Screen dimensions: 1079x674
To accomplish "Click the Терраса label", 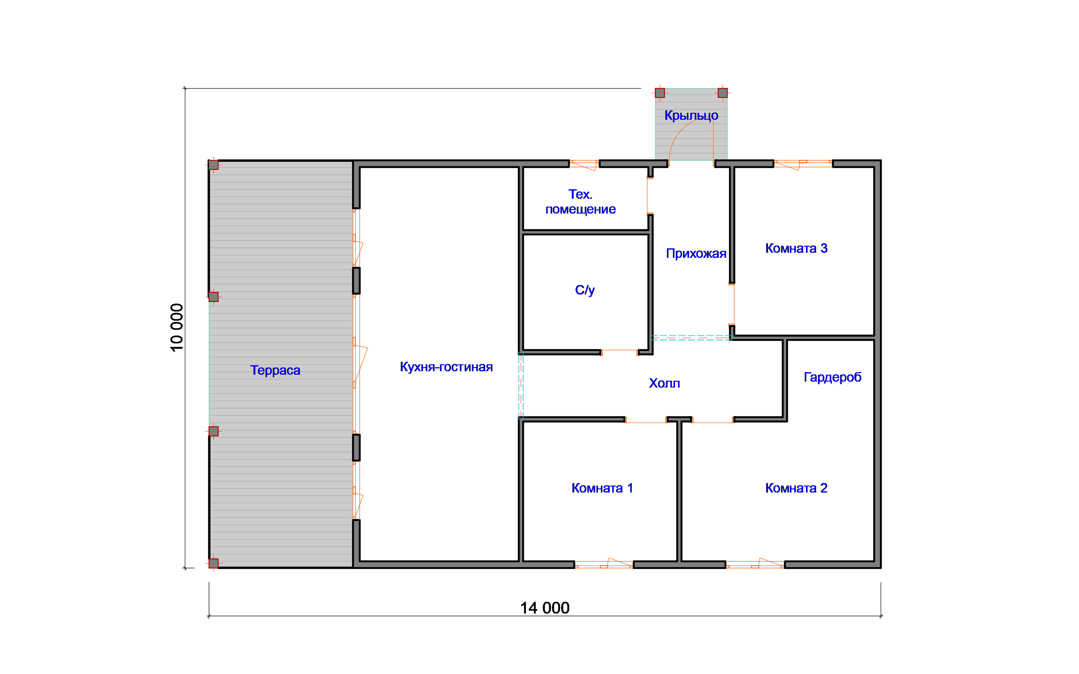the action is (x=275, y=370).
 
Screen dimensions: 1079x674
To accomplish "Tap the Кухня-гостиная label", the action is (x=446, y=367).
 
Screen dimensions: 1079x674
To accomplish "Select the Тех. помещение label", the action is (x=580, y=201).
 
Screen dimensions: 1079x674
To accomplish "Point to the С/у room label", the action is (x=584, y=290).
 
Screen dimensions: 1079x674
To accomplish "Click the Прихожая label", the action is (x=696, y=253).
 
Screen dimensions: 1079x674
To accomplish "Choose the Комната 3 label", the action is (x=796, y=248).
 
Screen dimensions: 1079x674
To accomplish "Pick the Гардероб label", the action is (x=832, y=377).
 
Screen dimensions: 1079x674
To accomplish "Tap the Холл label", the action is (x=664, y=383).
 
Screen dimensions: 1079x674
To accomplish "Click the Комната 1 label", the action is (x=602, y=488).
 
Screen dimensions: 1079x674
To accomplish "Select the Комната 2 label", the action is (x=796, y=488).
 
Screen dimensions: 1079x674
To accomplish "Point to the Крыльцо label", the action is (x=691, y=115).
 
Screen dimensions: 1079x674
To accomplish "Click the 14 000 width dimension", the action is (x=545, y=608).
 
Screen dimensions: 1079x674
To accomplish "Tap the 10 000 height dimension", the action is (x=177, y=328).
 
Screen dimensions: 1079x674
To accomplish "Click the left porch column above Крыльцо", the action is (x=660, y=93).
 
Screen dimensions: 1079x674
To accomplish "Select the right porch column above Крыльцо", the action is (x=723, y=93).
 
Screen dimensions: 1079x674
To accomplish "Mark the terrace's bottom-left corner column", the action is (x=214, y=564).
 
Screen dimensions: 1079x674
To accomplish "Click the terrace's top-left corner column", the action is (x=214, y=165).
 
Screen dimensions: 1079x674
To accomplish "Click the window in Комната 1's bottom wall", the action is (x=604, y=564).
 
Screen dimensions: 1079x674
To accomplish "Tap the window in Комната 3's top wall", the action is (x=803, y=164).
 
